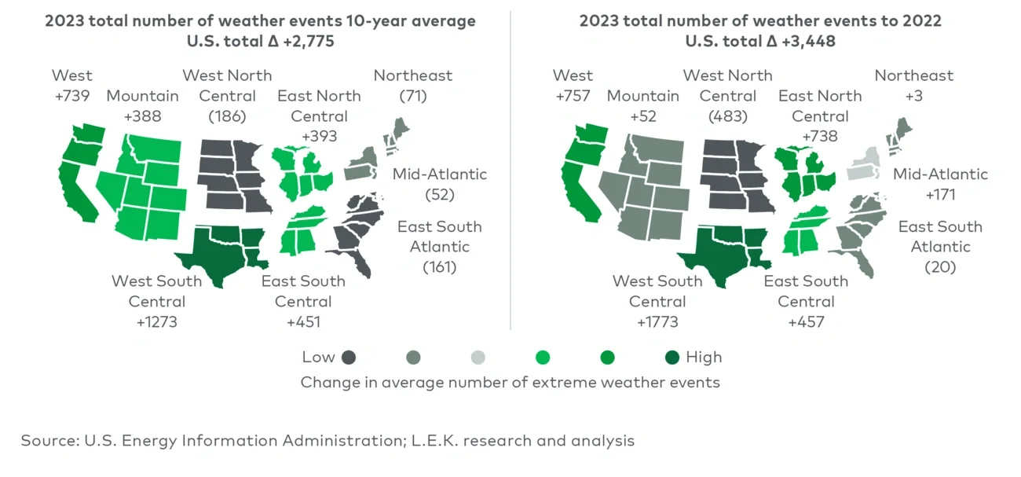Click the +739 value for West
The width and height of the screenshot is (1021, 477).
coord(71,96)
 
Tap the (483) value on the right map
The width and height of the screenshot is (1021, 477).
coord(727,116)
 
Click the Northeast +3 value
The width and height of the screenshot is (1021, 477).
coord(913,96)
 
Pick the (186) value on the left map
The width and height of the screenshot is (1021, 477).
coord(227,116)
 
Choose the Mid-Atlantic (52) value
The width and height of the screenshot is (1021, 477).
coord(440,194)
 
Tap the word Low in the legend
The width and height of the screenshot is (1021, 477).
coord(318,357)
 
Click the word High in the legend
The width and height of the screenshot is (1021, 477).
coord(704,357)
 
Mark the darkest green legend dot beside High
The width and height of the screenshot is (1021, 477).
coord(672,358)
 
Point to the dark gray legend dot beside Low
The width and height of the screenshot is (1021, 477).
coord(349,358)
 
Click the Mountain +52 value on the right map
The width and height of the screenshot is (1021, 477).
coord(642,116)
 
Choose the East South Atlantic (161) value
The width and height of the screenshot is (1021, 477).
coord(439,267)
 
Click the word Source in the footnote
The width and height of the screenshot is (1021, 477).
coord(46,440)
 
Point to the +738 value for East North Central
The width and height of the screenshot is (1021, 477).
coord(819,136)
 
